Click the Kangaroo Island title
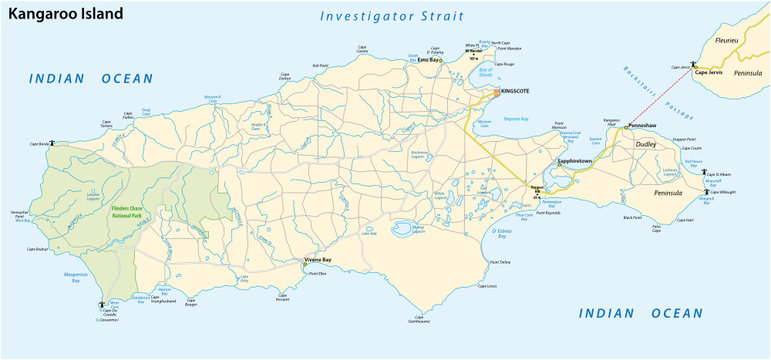65,14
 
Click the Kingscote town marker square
497,91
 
